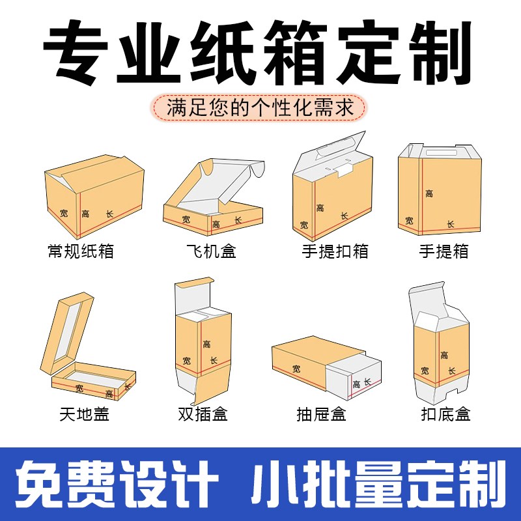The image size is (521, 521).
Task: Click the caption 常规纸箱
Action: point(81,251)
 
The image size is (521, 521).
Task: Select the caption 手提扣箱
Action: point(335,251)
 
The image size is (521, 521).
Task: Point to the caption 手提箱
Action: point(444,251)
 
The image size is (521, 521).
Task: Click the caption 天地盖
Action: point(81,413)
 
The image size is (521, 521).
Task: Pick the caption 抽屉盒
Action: point(320,414)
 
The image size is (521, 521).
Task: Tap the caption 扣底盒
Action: point(445,414)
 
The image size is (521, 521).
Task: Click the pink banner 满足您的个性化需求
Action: point(260,108)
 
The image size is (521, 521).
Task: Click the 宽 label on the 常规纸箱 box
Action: point(63,212)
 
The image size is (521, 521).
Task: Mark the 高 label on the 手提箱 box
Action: point(429,193)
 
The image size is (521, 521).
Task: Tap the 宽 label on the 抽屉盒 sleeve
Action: point(297,369)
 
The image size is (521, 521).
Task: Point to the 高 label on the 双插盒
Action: point(206,344)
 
